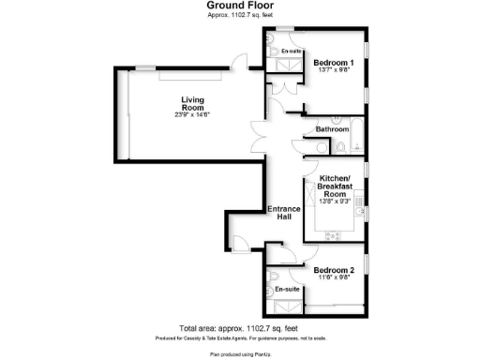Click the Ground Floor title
(x=240, y=6)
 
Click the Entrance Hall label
(x=283, y=212)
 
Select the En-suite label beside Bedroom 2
(x=287, y=290)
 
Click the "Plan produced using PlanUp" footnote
(x=240, y=353)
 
